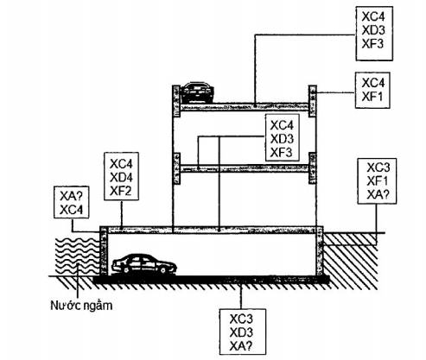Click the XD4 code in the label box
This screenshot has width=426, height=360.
pyautogui.click(x=121, y=178)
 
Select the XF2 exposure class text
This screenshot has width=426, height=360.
pyautogui.click(x=121, y=191)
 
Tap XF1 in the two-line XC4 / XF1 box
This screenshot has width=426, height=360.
pyautogui.click(x=372, y=97)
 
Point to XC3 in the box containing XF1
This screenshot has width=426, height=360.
pyautogui.click(x=378, y=167)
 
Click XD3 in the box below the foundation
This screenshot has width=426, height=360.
pyautogui.click(x=241, y=332)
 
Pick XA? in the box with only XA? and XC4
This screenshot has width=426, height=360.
pyautogui.click(x=72, y=197)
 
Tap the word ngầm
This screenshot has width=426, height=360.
pyautogui.click(x=98, y=306)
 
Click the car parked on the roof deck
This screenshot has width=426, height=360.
pyautogui.click(x=197, y=92)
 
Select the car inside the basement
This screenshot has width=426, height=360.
pyautogui.click(x=144, y=264)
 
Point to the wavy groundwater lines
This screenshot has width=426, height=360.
pyautogui.click(x=77, y=256)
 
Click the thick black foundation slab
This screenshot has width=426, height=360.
pyautogui.click(x=211, y=280)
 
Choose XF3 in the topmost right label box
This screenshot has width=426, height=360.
pyautogui.click(x=373, y=44)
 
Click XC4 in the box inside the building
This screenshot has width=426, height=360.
pyautogui.click(x=282, y=125)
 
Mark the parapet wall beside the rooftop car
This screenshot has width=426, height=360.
pyautogui.click(x=176, y=101)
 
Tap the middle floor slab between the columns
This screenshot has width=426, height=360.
pyautogui.click(x=245, y=168)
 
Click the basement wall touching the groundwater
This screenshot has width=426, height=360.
pyautogui.click(x=104, y=251)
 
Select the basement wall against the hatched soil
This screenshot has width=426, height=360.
pyautogui.click(x=320, y=251)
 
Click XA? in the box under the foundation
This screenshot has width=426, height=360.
pyautogui.click(x=241, y=346)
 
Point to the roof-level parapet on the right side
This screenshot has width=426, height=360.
pyautogui.click(x=313, y=101)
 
